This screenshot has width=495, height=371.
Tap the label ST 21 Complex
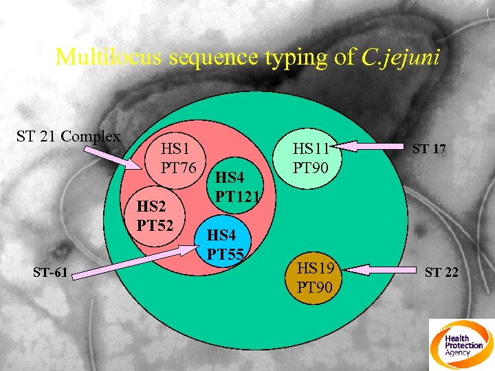68,136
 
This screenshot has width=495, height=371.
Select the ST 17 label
430,148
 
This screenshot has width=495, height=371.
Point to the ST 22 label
441,273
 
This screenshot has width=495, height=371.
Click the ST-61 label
50,273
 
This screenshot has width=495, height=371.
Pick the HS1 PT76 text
179,158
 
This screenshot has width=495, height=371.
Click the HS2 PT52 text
155,216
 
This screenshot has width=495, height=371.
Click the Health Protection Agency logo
461,344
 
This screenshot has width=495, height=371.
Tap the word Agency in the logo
458,352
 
